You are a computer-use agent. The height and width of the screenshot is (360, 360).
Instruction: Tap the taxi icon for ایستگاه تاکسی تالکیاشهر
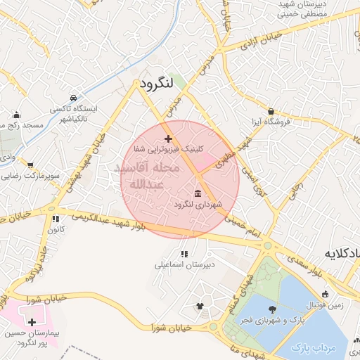point(74,98)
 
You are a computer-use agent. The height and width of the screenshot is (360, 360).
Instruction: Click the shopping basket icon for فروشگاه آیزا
point(271,111)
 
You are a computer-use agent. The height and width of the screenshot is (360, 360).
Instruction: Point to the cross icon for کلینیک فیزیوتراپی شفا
point(167,139)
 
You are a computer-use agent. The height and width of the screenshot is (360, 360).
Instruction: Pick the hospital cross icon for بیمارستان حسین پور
point(33,321)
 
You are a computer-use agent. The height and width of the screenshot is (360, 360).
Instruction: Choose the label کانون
point(57,229)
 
